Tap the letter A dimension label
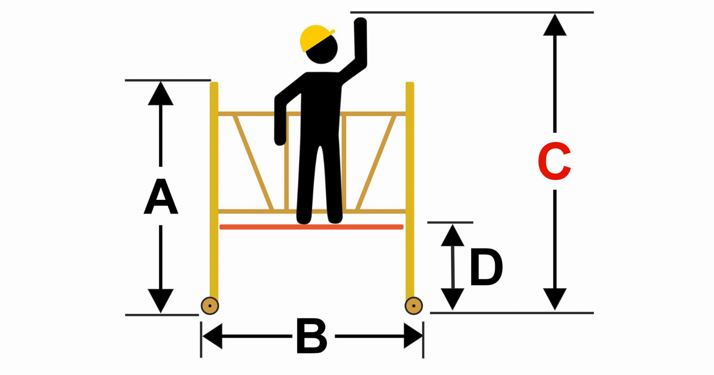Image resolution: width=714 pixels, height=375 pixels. coord(161,196)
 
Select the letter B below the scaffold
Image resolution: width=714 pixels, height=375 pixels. coord(312,336)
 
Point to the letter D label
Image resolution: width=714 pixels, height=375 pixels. coord(486,267)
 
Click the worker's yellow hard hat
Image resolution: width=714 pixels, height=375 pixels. coord(314,37)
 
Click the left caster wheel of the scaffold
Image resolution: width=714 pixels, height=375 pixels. coord(210,306)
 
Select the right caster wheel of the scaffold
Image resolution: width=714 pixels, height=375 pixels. coord(413,306)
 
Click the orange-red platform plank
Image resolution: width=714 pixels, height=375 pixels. coord(311,227)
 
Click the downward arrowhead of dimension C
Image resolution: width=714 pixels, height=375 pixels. coord(555,299)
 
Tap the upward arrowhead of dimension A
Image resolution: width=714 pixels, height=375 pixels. coord(161,93)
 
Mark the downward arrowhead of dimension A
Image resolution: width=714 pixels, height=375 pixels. coord(161,301)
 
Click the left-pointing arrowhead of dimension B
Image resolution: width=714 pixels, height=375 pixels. coord(212,336)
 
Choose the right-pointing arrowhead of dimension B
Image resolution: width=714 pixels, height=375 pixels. coord(413,336)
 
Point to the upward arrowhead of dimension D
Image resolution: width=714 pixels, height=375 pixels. coord(453,235)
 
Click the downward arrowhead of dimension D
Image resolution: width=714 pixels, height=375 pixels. coord(453,299)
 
